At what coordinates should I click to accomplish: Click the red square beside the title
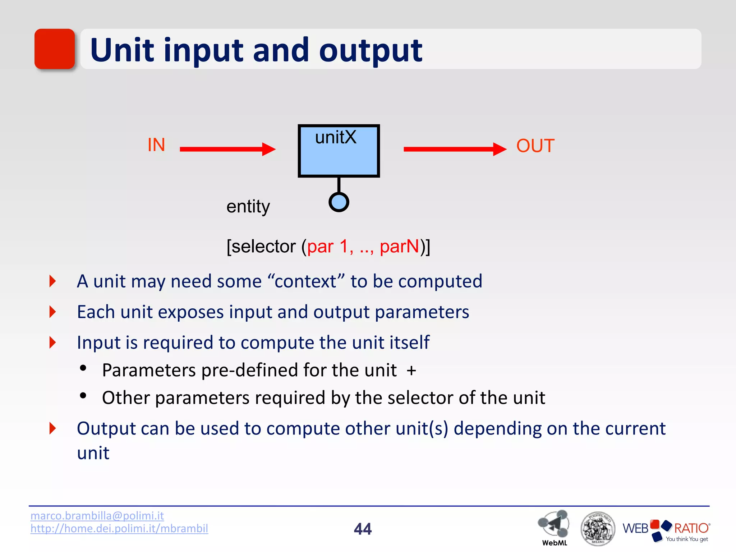point(55,49)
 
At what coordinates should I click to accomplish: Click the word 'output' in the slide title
point(371,51)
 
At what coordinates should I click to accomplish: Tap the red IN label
point(156,145)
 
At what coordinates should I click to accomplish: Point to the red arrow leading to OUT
point(455,149)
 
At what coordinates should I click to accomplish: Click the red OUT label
point(535,146)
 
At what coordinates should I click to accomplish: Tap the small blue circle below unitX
point(339,202)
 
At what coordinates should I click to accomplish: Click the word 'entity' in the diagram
point(248,207)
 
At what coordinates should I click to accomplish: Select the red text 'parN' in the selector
point(399,247)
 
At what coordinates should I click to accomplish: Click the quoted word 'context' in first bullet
point(306,281)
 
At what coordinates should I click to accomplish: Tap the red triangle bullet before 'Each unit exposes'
point(53,312)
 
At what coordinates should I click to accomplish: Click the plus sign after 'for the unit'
point(411,370)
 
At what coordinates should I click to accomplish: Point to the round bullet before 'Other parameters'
point(83,396)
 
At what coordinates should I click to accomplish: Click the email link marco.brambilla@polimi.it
point(97,516)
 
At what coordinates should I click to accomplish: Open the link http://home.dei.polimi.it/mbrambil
point(119,528)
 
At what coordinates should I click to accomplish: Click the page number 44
point(363,529)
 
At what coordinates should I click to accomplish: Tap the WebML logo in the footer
point(554,526)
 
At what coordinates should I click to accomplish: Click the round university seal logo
point(598,528)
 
